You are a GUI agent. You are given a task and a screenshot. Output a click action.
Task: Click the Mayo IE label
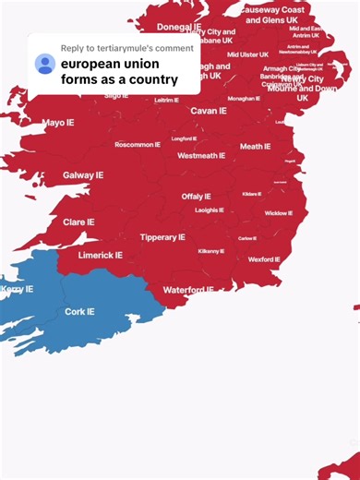(58, 122)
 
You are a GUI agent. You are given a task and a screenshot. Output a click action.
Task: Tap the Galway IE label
(83, 174)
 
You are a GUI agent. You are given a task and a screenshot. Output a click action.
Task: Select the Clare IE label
(78, 222)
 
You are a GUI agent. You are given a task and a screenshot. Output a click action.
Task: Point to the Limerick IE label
(101, 255)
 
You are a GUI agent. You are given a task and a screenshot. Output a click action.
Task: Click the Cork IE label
(78, 312)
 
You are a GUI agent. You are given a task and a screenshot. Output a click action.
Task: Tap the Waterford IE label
(187, 290)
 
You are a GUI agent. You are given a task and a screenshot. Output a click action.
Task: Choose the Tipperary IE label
(162, 237)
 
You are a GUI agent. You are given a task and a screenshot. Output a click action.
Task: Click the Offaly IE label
(196, 197)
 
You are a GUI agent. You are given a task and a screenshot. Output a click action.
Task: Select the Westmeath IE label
(201, 156)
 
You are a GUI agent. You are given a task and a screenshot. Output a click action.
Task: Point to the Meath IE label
(255, 146)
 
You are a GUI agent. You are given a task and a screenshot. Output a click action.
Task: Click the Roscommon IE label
(138, 145)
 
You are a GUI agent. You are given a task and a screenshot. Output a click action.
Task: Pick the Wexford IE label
(264, 259)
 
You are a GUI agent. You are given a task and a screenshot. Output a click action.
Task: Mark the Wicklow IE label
(278, 213)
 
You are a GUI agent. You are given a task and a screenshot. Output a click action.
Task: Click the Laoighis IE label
(209, 210)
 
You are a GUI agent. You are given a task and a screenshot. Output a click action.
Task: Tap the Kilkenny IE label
(210, 251)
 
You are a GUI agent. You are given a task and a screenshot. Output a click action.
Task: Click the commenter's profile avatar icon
(44, 64)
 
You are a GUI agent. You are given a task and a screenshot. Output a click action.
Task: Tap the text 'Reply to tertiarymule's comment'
(126, 48)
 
